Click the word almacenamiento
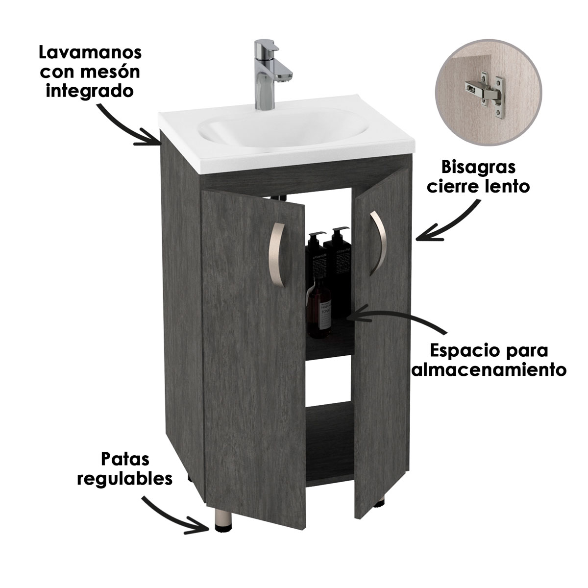click(489, 369)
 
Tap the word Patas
click(125, 460)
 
